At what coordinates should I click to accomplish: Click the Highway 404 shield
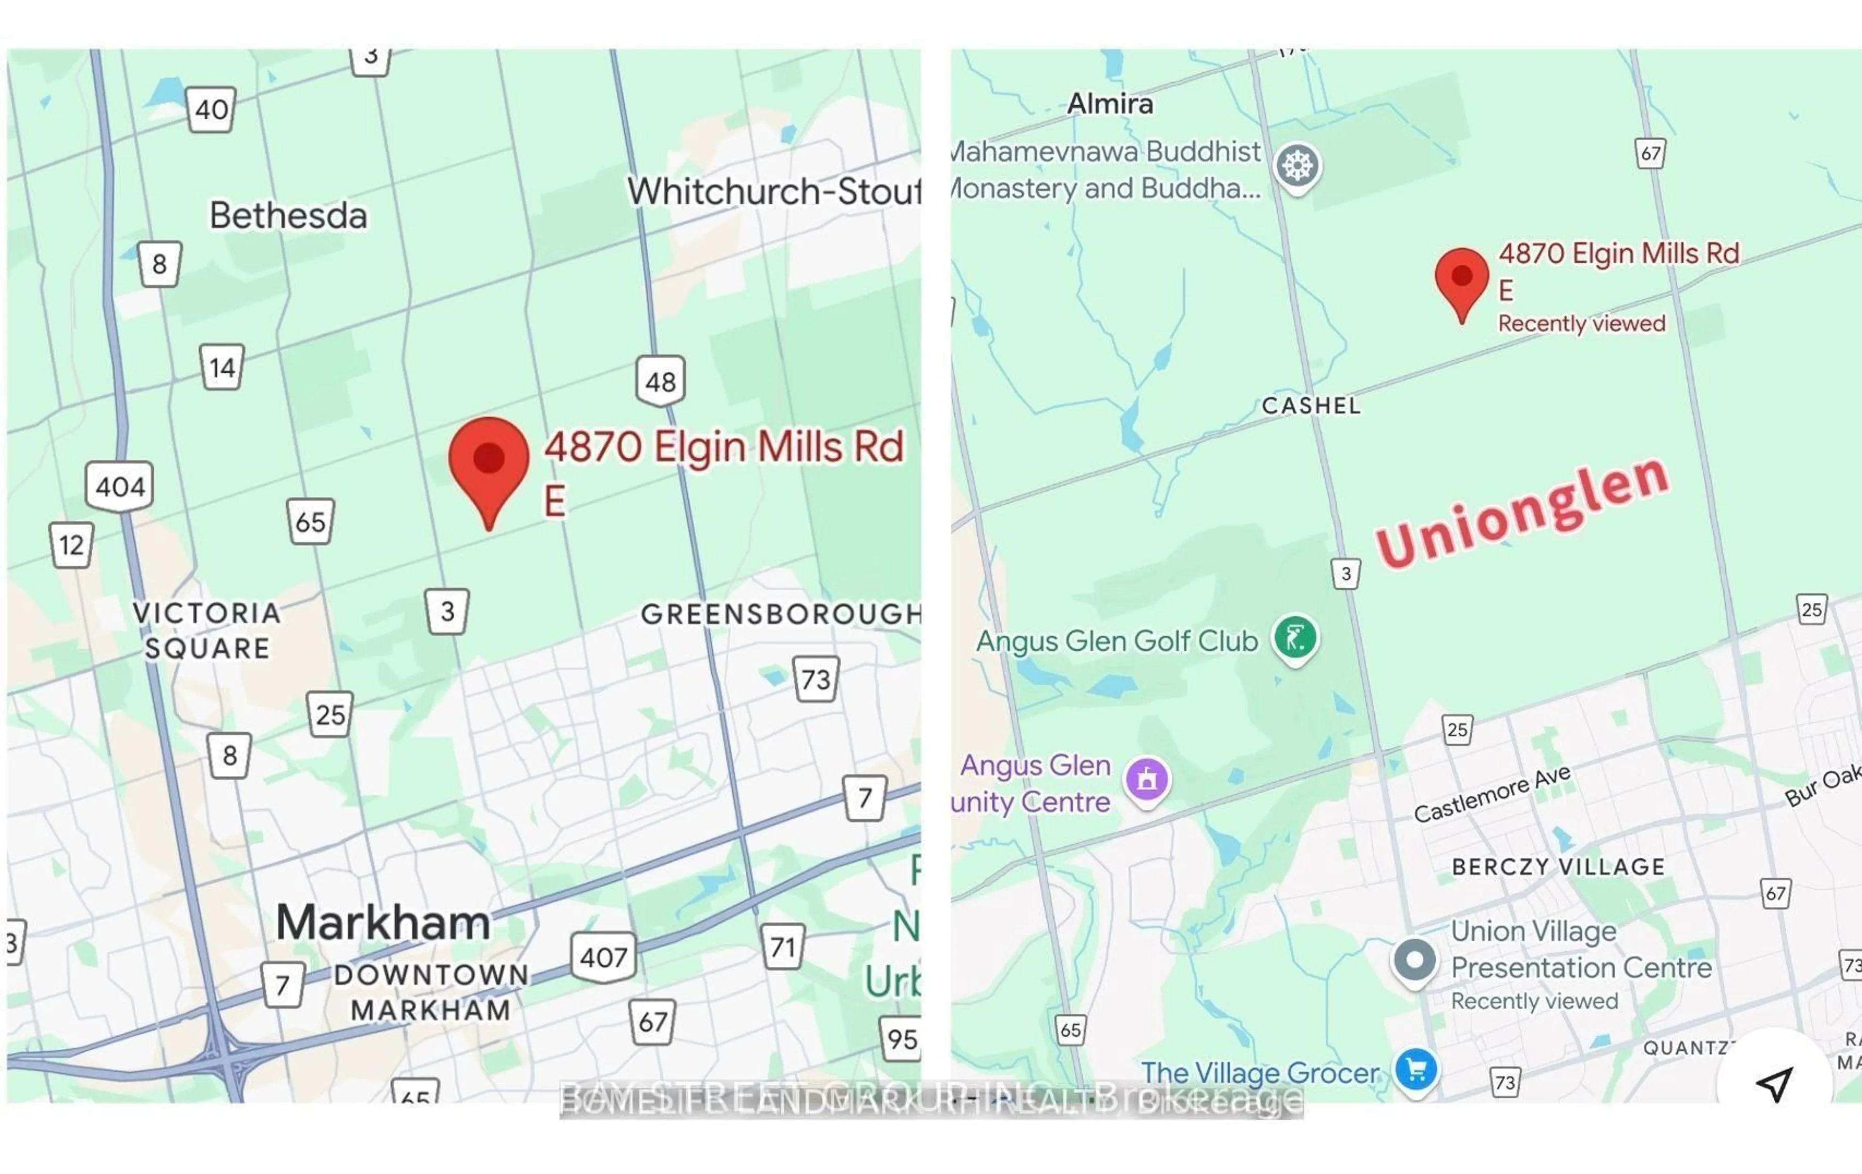coord(119,486)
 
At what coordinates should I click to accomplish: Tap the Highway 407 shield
coord(603,957)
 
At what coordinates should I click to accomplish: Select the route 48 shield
coord(660,381)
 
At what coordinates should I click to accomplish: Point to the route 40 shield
coord(211,110)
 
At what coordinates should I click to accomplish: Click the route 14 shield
coord(222,368)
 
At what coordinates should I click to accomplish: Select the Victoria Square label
coord(207,630)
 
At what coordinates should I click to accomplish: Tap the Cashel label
coord(1311,406)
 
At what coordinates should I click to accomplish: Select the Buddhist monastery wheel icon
coord(1298,165)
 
